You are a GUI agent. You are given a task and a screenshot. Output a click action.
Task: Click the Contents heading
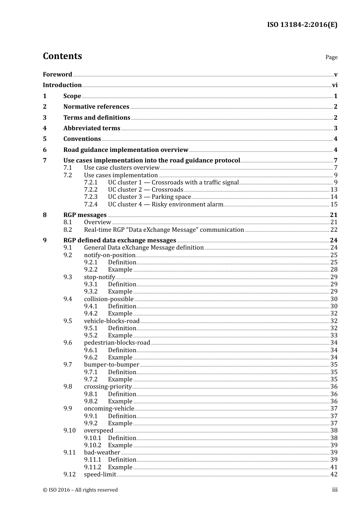coord(62,56)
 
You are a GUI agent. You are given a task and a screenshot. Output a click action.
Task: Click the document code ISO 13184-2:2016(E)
coord(302,25)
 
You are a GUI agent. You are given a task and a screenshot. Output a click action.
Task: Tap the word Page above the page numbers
coord(331,57)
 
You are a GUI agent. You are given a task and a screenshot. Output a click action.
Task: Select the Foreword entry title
coord(57,75)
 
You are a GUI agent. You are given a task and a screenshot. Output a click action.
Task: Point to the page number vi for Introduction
coord(335,85)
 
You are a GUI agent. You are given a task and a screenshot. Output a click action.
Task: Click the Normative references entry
coord(96,107)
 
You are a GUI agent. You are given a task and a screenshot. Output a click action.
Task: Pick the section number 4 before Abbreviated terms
coord(45,128)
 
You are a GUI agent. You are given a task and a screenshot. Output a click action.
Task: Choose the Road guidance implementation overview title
coord(125,150)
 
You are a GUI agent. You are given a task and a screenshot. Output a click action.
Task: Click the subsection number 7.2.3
coord(91,197)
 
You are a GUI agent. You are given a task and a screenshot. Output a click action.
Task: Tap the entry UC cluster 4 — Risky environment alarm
coord(165,205)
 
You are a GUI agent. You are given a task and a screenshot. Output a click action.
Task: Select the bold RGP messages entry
coord(85,215)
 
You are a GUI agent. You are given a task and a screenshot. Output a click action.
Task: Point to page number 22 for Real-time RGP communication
coord(334,230)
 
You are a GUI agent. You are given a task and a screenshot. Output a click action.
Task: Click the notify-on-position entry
coord(110,255)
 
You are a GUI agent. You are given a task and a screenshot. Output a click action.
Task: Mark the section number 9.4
coord(67,299)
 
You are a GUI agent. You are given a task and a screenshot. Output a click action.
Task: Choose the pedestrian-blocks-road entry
coord(117,343)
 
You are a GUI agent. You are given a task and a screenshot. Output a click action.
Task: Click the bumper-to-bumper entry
coord(111,365)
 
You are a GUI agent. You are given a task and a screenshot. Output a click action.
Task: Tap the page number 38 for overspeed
coord(334,431)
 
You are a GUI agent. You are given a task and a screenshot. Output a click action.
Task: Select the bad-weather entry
coord(102,453)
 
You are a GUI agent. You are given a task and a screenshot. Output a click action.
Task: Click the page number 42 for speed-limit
coord(334,475)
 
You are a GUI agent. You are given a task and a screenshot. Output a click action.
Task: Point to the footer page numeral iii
coord(335,490)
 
